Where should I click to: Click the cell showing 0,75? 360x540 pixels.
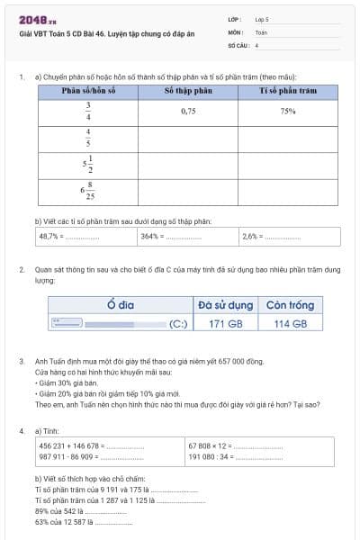188,112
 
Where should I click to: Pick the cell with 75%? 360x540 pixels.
288,112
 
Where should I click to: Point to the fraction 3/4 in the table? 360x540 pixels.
88,112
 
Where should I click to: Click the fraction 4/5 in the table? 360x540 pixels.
88,138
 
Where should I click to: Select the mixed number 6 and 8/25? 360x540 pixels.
87,191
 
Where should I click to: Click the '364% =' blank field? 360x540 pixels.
171,237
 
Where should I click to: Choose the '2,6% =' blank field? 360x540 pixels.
271,237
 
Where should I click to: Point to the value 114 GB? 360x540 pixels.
290,323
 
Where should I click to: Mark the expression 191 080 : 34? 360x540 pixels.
213,456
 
